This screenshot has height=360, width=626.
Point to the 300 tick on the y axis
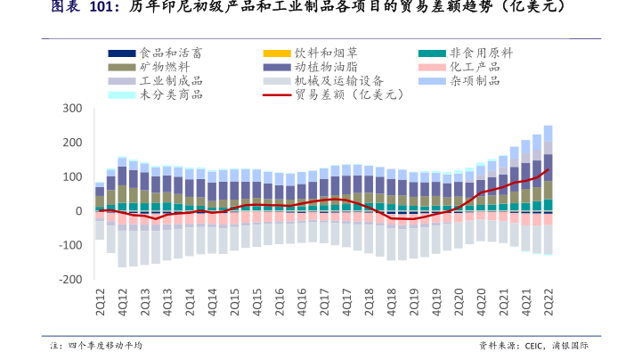point(73,109)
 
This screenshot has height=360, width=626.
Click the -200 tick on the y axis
point(70,279)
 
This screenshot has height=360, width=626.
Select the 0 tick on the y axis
point(78,211)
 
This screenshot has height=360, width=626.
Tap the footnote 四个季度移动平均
point(105,346)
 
